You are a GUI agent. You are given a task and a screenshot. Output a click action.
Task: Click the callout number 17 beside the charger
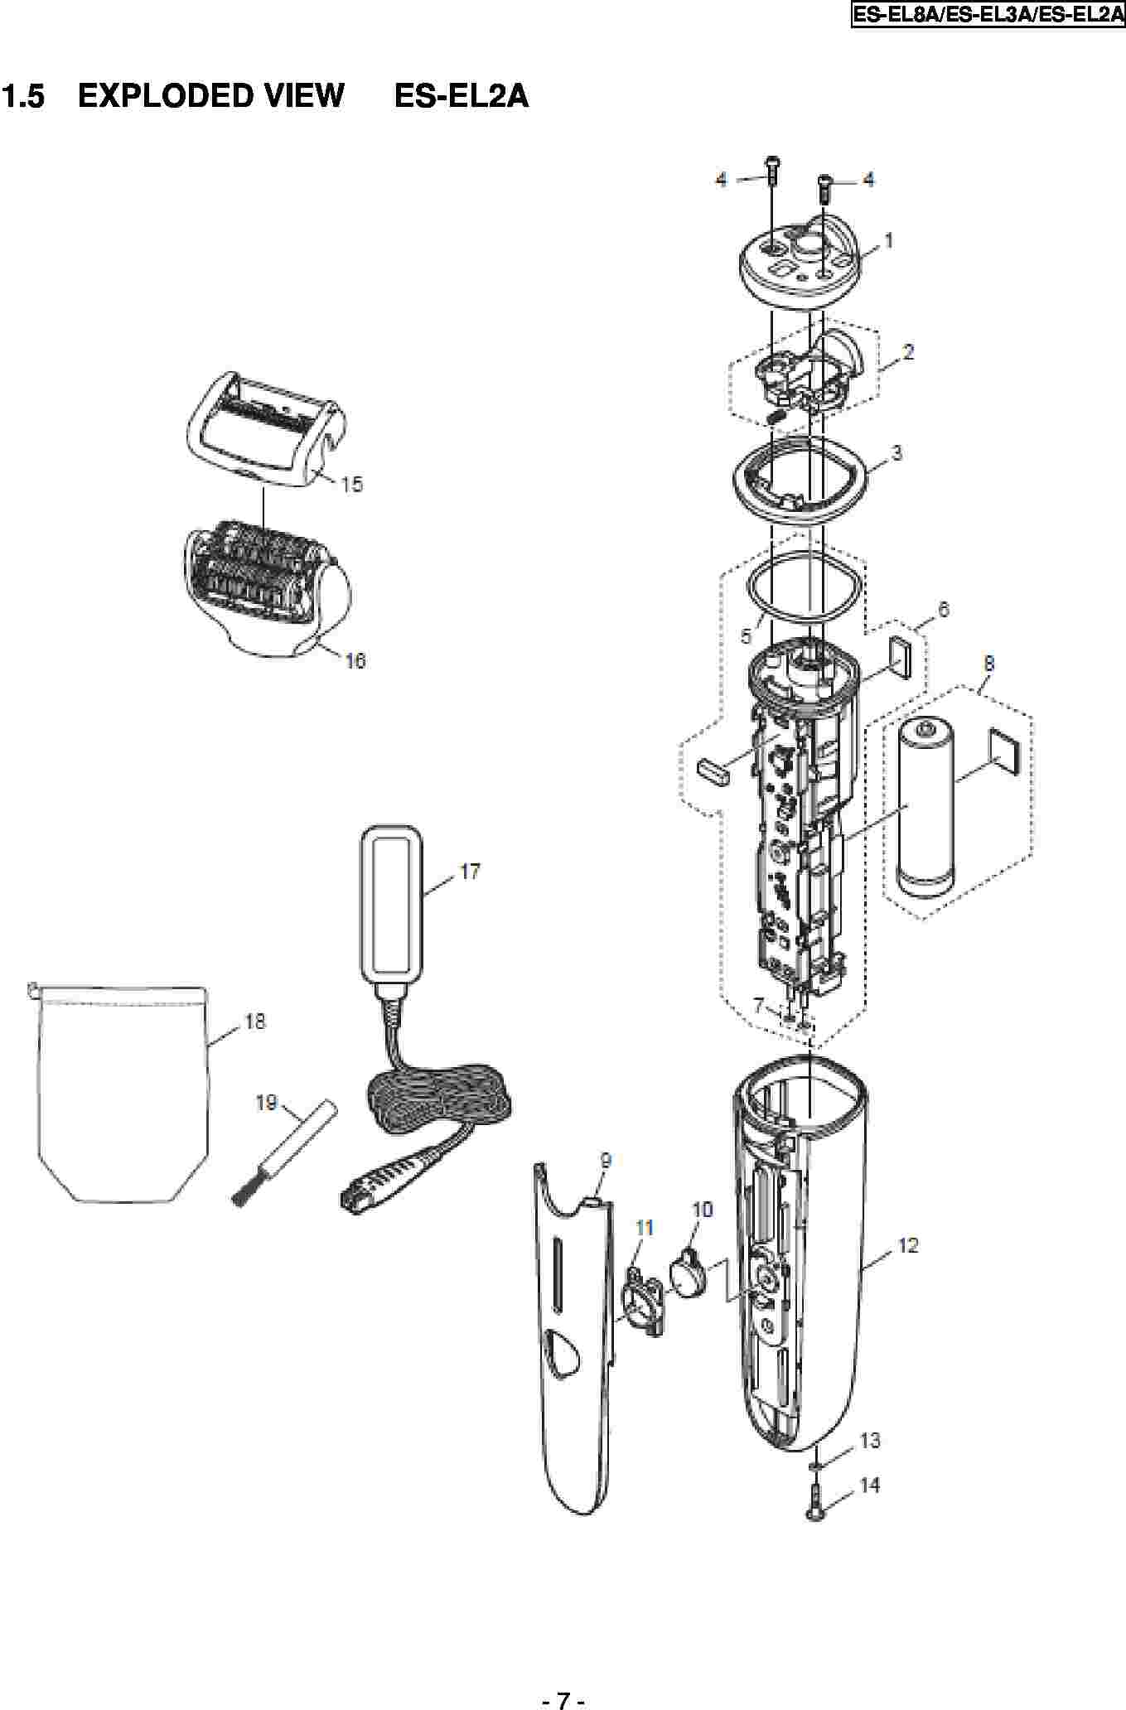[470, 872]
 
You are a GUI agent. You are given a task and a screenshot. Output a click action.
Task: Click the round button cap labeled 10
[687, 1273]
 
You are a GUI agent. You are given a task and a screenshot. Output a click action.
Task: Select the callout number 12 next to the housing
[908, 1245]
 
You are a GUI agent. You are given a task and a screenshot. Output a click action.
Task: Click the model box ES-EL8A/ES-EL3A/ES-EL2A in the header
[988, 15]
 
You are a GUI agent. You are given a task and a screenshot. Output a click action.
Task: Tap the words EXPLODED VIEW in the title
[210, 96]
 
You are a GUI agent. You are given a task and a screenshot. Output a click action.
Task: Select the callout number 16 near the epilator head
[355, 660]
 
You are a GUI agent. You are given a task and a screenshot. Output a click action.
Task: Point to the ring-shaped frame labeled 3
[798, 479]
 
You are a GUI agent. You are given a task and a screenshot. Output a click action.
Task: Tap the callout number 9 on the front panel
[606, 1162]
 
